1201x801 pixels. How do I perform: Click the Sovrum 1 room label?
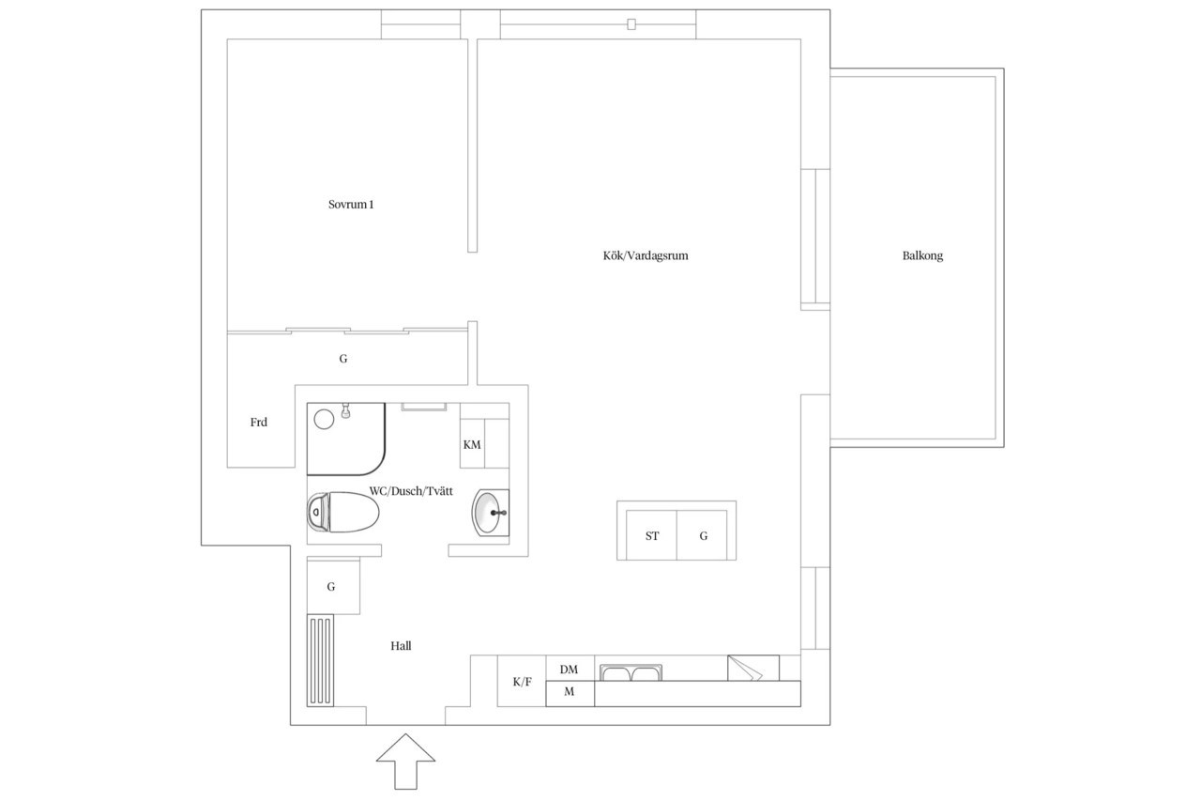pyautogui.click(x=351, y=205)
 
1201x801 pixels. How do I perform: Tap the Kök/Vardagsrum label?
pyautogui.click(x=646, y=256)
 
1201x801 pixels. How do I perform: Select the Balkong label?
pyautogui.click(x=922, y=256)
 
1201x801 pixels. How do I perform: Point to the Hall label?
pyautogui.click(x=401, y=646)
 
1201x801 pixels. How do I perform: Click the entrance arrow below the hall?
pyautogui.click(x=405, y=762)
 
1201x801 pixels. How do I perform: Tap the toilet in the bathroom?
pyautogui.click(x=343, y=513)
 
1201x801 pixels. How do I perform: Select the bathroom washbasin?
pyautogui.click(x=490, y=513)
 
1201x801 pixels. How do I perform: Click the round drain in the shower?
pyautogui.click(x=324, y=420)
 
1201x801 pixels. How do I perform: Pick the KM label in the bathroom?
pyautogui.click(x=472, y=445)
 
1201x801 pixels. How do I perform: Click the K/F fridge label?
pyautogui.click(x=522, y=682)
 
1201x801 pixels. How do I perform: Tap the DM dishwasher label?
pyautogui.click(x=569, y=670)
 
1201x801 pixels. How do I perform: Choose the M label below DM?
pyautogui.click(x=569, y=692)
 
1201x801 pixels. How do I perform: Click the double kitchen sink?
pyautogui.click(x=631, y=672)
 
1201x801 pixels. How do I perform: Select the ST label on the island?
pyautogui.click(x=652, y=536)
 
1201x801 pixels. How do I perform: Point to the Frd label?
pyautogui.click(x=258, y=423)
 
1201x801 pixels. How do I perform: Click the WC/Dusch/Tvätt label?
pyautogui.click(x=411, y=491)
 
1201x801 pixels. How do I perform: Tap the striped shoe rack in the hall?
pyautogui.click(x=320, y=660)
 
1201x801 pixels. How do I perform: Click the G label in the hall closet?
pyautogui.click(x=331, y=587)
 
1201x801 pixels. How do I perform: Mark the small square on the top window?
pyautogui.click(x=631, y=24)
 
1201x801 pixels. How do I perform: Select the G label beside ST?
pyautogui.click(x=704, y=536)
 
